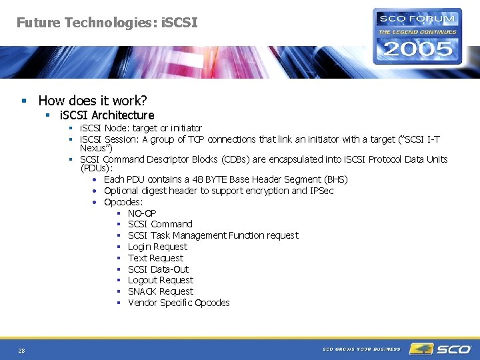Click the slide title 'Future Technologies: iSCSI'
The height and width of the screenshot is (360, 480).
coord(107,23)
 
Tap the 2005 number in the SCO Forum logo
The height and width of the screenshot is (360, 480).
coord(417,49)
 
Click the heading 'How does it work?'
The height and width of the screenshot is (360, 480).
coord(93,101)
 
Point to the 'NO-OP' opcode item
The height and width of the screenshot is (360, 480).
coord(142,213)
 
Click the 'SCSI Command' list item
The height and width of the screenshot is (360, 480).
coord(160,224)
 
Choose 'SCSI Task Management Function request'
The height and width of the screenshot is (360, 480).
coord(213,235)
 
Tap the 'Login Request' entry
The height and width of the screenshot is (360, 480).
coord(157,247)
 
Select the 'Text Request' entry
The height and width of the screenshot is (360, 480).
coord(155,258)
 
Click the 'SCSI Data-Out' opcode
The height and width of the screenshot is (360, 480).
coord(158,269)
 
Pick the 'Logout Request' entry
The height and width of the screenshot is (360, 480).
coord(160,281)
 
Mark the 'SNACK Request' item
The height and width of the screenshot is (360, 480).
coord(160,291)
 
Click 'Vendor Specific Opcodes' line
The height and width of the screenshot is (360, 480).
coord(179,303)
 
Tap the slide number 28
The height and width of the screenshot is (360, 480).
coord(22,351)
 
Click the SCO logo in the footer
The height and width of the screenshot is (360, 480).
coord(440,349)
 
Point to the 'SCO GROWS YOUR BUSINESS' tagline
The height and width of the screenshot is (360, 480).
coord(361,349)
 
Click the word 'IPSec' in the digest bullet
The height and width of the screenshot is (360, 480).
coord(321,191)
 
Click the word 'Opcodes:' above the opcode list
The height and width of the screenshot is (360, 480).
coord(123,202)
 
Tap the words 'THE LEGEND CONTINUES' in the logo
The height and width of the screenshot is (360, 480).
coord(417,32)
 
